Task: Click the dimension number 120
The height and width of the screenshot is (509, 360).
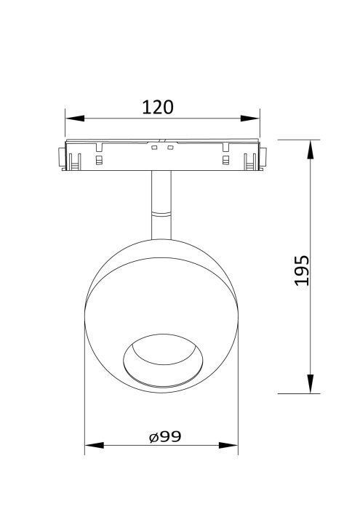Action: coord(158,107)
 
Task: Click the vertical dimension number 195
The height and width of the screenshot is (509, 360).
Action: coord(303,270)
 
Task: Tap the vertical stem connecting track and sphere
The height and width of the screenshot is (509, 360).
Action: coord(161,192)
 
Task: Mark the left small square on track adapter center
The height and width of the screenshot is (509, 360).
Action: coord(153,148)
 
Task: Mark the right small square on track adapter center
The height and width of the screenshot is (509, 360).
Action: coord(169,148)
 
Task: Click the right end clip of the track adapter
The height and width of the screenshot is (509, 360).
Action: coord(265,156)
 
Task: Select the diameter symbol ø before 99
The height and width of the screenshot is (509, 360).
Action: coord(153,437)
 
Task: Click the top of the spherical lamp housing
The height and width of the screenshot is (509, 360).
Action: coord(161,240)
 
